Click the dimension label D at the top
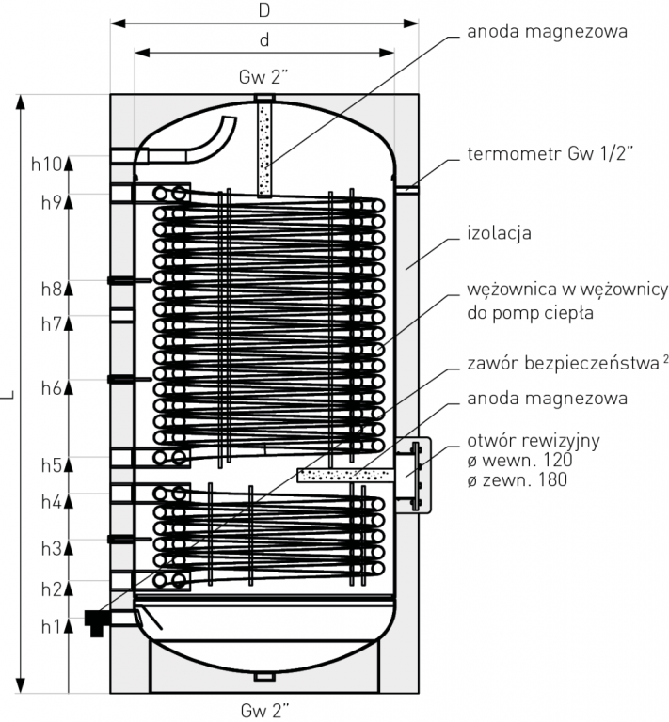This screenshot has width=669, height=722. [265, 10]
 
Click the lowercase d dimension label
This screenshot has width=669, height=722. [265, 40]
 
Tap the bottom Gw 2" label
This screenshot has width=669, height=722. [264, 707]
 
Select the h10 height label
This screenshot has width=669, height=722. [46, 165]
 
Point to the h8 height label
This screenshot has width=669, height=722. [50, 289]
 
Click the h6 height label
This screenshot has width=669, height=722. [50, 388]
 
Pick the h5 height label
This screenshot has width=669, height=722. [50, 464]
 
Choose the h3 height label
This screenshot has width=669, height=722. [50, 548]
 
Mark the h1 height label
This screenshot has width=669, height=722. [50, 623]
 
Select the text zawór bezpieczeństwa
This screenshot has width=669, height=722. [555, 363]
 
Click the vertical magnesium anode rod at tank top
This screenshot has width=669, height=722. [265, 150]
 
